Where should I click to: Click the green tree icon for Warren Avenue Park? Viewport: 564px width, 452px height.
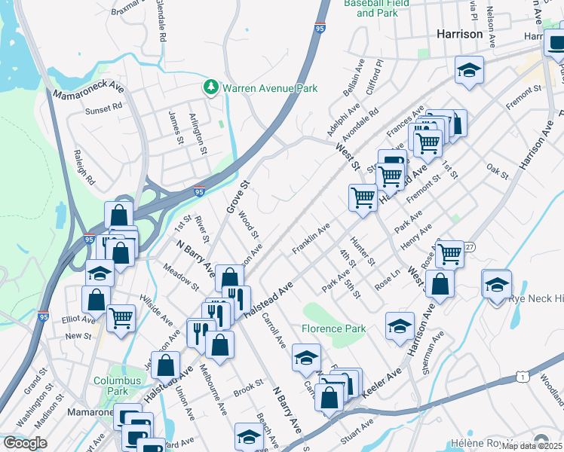(x=210, y=88)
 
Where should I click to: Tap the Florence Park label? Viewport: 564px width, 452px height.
(x=333, y=328)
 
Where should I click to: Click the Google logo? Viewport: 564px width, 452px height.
(x=25, y=442)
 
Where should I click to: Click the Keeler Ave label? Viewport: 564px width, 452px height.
(x=383, y=380)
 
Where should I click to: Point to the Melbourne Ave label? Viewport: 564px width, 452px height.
(x=213, y=390)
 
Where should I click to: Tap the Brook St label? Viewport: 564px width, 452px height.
(x=247, y=392)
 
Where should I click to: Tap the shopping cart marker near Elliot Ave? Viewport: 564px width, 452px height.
(x=121, y=318)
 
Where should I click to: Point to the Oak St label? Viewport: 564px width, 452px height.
(x=498, y=172)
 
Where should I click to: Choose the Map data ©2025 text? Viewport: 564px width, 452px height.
(x=531, y=446)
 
